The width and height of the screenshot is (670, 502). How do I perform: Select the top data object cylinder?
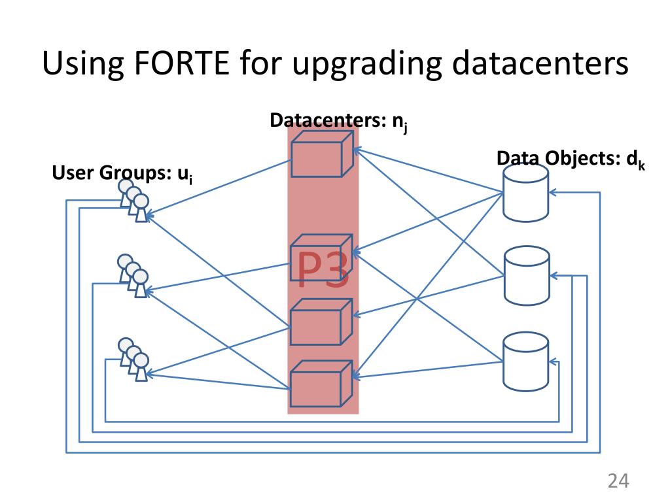(x=525, y=192)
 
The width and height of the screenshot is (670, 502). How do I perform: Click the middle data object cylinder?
(x=526, y=276)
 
